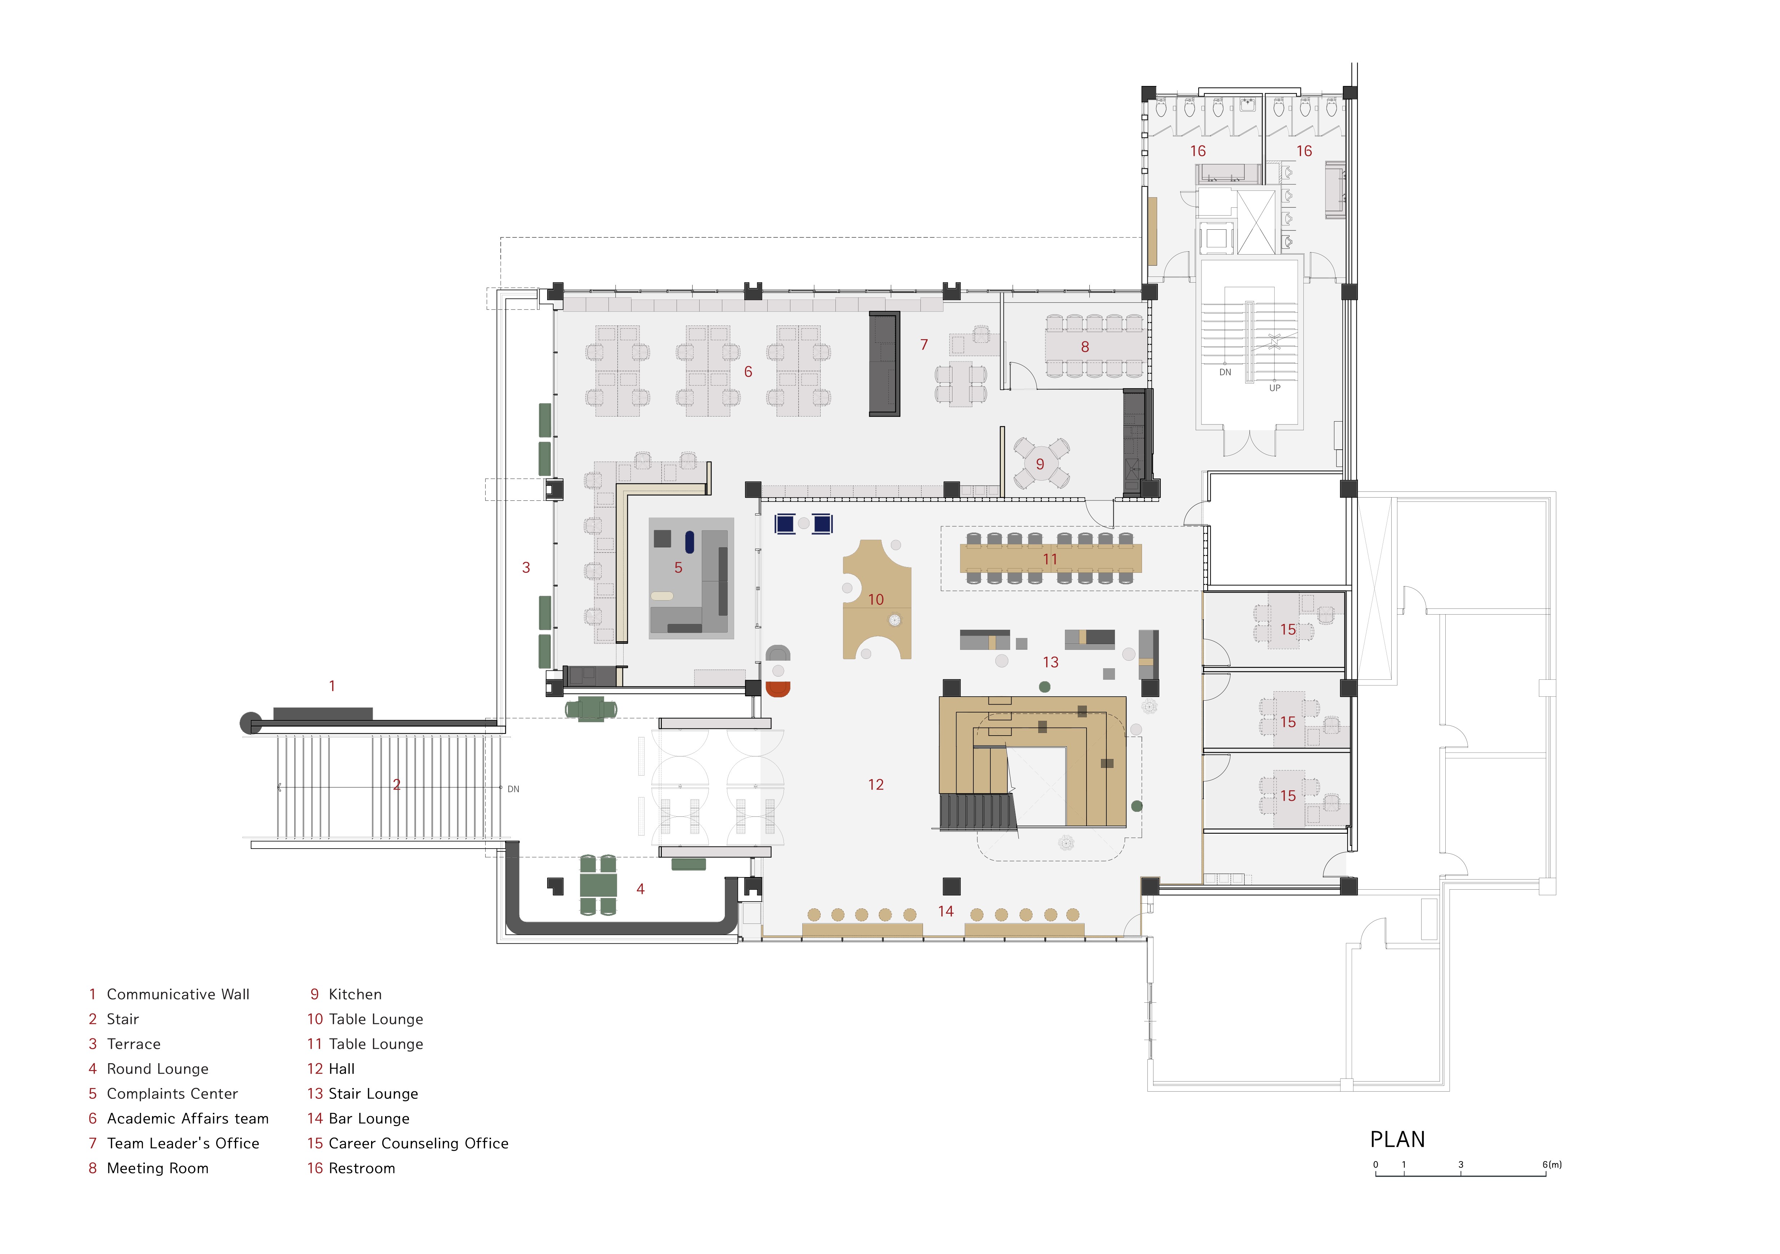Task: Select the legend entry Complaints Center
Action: tap(172, 1093)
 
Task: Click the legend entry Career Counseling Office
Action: tap(419, 1143)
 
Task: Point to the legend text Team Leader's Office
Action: tap(183, 1143)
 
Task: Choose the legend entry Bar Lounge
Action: tap(369, 1118)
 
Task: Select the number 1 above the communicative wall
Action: tap(332, 686)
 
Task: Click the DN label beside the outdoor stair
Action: tap(513, 789)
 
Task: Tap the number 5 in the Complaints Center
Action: tap(678, 568)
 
